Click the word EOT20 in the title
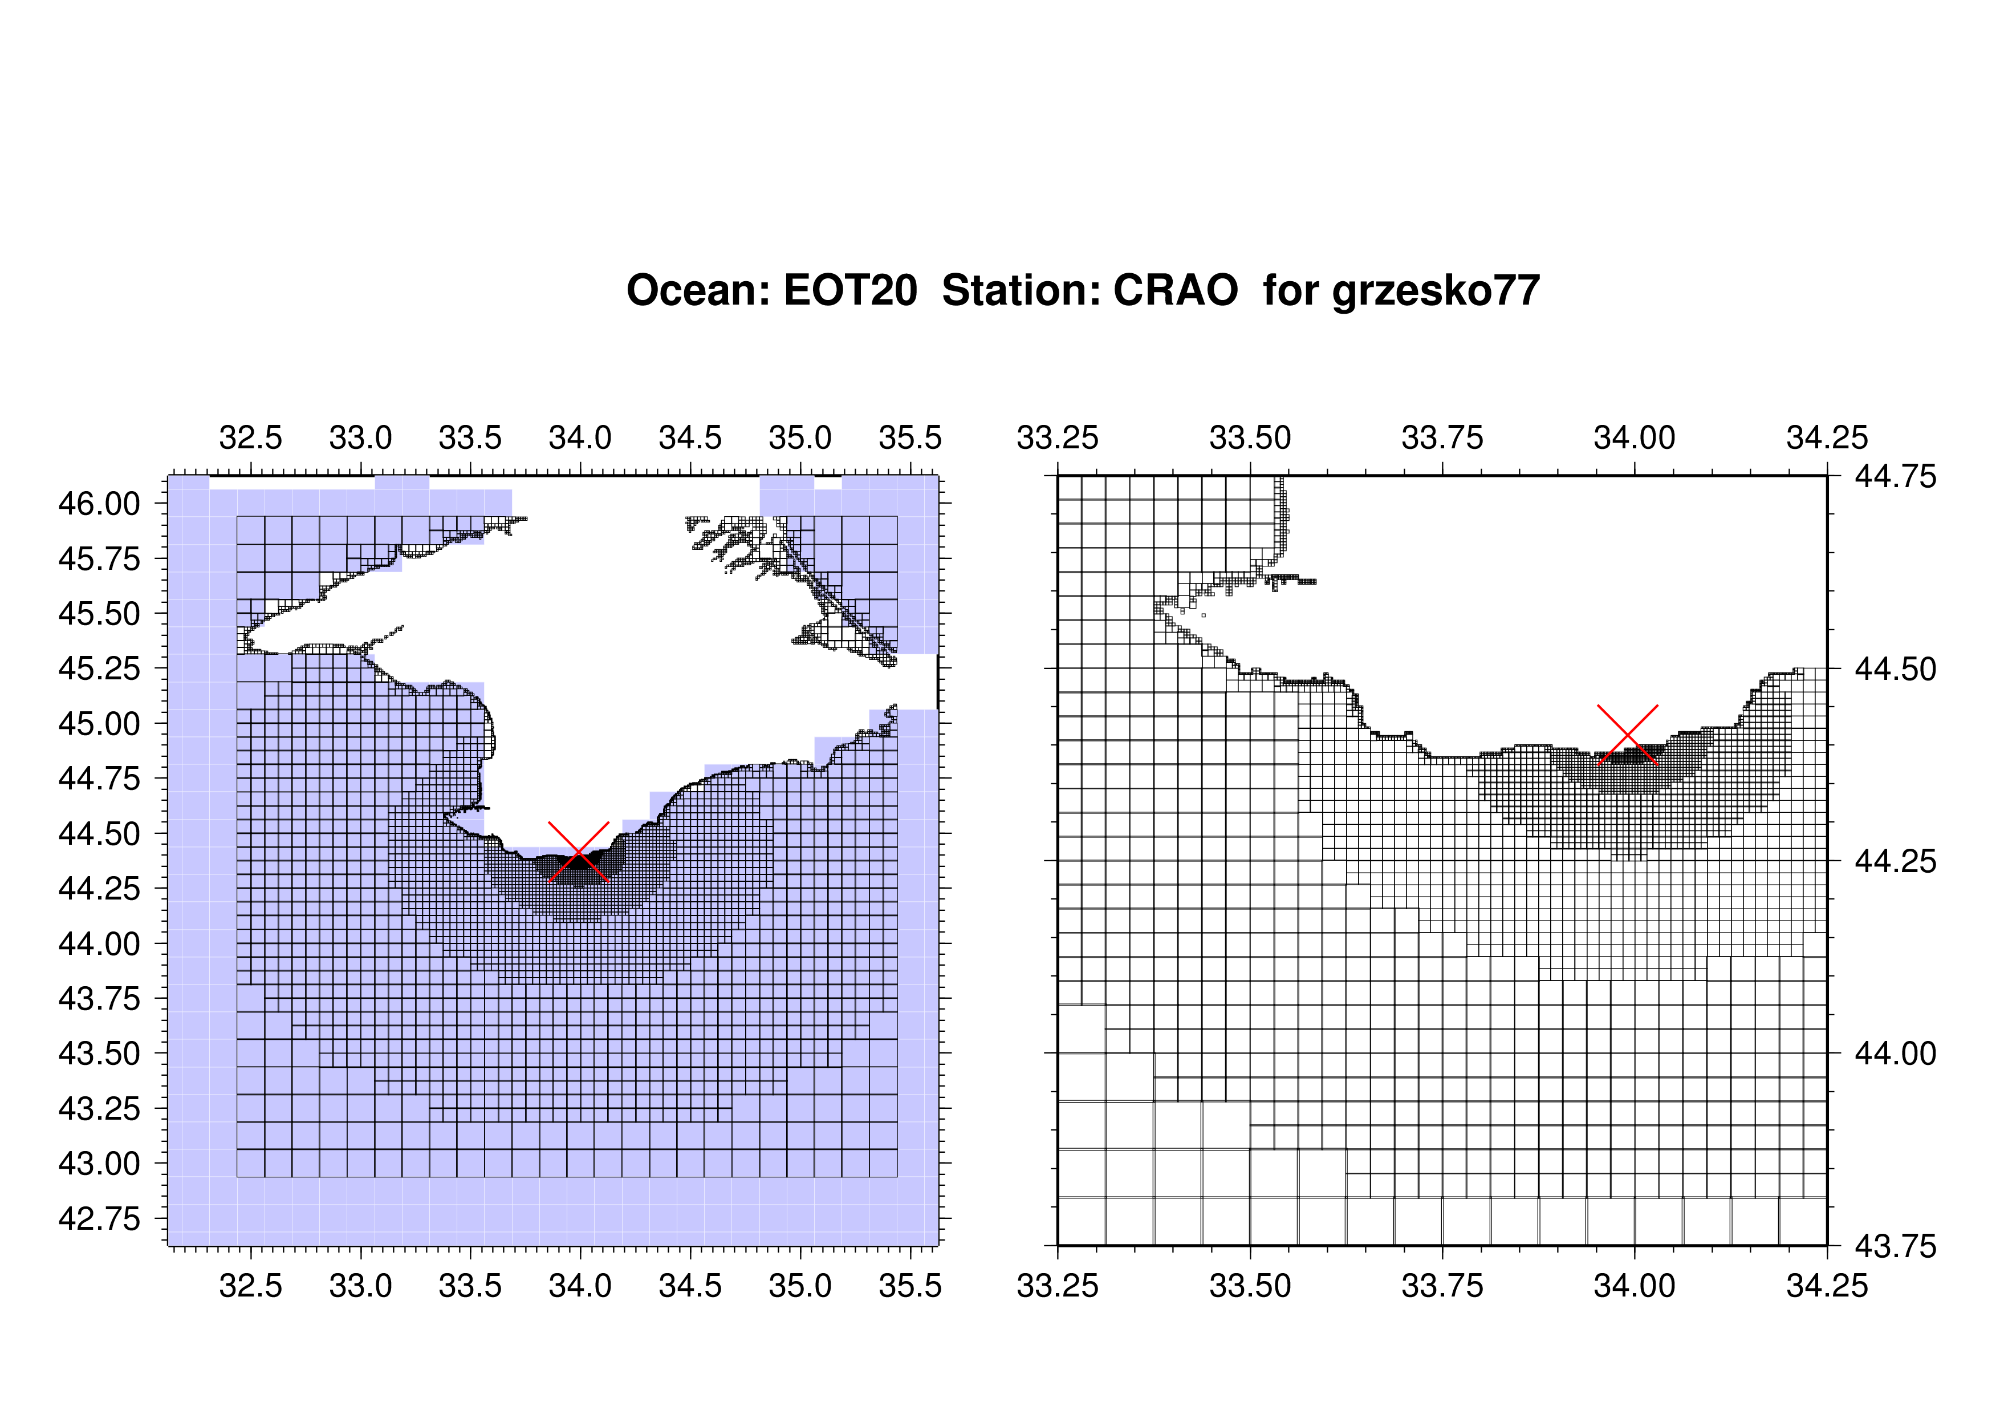click(850, 290)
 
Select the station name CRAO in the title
click(1175, 290)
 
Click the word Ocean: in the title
click(698, 290)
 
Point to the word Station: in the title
click(1015, 290)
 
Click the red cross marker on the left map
click(579, 851)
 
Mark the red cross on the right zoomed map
click(1627, 735)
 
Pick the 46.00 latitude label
click(99, 504)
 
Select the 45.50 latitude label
click(99, 613)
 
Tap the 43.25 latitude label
click(99, 1108)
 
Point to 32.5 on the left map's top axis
click(251, 437)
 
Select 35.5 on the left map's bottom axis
click(910, 1286)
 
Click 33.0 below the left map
click(361, 1286)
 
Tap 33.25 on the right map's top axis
click(1058, 437)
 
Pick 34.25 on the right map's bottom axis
click(1827, 1286)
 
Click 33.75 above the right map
click(1442, 437)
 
